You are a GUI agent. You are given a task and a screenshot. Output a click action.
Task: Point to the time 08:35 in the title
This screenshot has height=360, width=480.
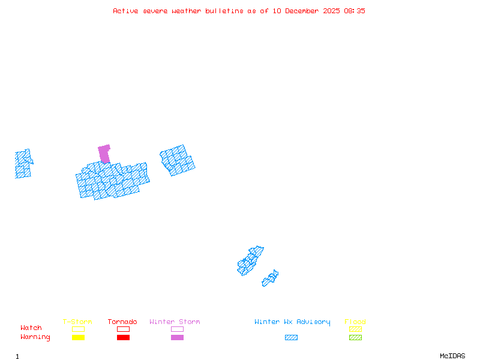click(x=355, y=11)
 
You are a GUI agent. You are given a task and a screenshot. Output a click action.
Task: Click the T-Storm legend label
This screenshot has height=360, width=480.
click(x=77, y=322)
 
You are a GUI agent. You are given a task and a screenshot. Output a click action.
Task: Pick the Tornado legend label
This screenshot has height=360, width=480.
click(x=122, y=322)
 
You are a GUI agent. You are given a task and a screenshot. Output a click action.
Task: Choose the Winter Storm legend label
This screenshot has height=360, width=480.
click(x=175, y=322)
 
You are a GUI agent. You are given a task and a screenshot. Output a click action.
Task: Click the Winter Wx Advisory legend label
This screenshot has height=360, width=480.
click(x=292, y=322)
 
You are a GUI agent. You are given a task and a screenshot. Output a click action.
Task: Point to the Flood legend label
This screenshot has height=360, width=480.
click(x=355, y=322)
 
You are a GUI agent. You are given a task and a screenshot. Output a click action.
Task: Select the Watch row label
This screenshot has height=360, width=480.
click(x=31, y=328)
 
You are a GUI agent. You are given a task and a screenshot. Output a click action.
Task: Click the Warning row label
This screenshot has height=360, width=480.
click(x=35, y=337)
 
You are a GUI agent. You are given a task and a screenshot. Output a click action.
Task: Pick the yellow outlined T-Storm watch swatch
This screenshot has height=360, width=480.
click(x=78, y=329)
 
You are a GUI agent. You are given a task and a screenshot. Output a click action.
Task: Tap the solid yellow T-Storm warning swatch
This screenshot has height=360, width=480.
click(x=78, y=338)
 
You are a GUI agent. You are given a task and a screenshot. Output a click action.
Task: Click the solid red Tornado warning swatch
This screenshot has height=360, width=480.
click(x=123, y=338)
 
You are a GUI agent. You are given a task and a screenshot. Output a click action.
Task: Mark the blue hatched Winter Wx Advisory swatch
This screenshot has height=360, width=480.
click(x=291, y=338)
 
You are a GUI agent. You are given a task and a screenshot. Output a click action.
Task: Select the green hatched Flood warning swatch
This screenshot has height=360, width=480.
click(x=355, y=338)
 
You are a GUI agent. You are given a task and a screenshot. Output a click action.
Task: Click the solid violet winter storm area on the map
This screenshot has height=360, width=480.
click(x=104, y=154)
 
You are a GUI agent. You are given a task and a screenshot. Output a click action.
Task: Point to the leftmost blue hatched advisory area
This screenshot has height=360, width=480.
click(x=23, y=164)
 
